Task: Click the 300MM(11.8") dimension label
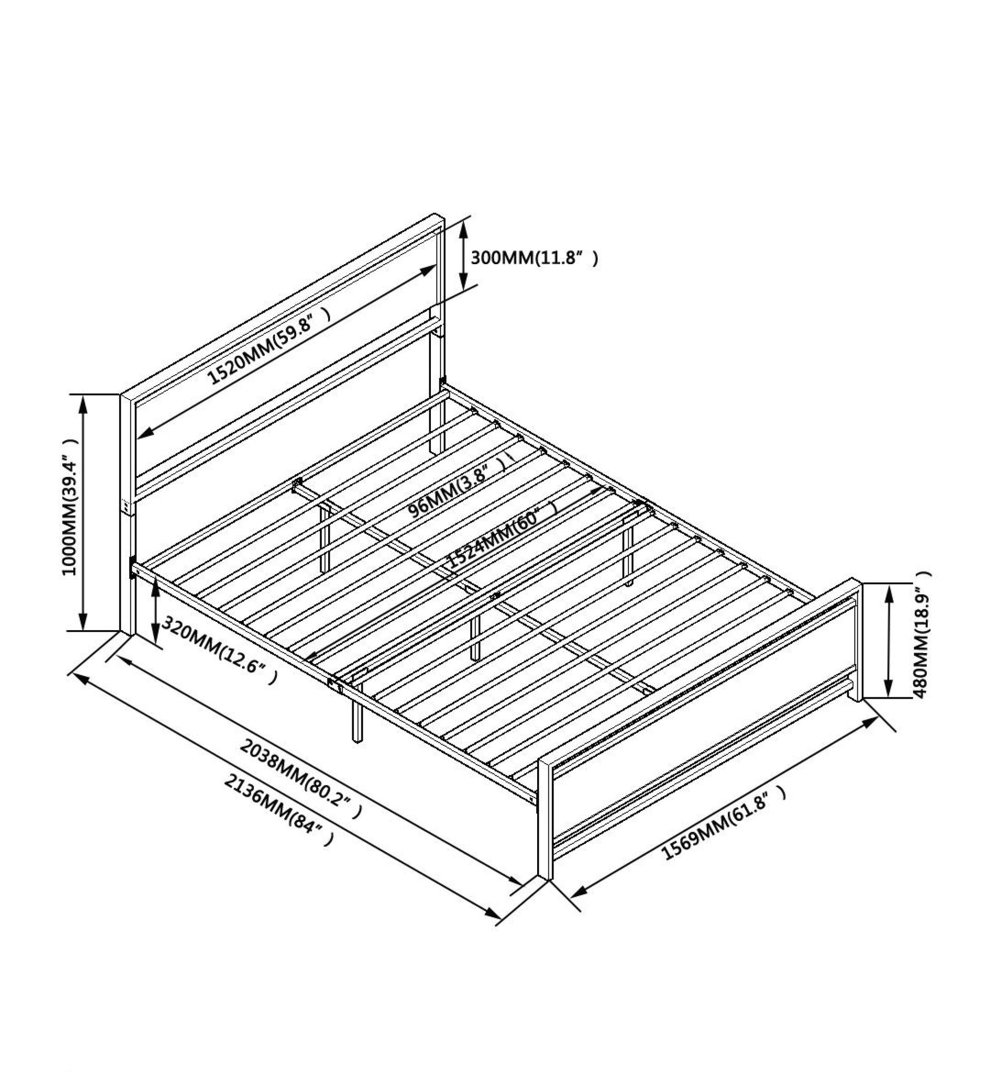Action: tap(534, 259)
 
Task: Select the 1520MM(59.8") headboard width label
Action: tap(270, 346)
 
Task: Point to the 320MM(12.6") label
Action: tap(220, 650)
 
